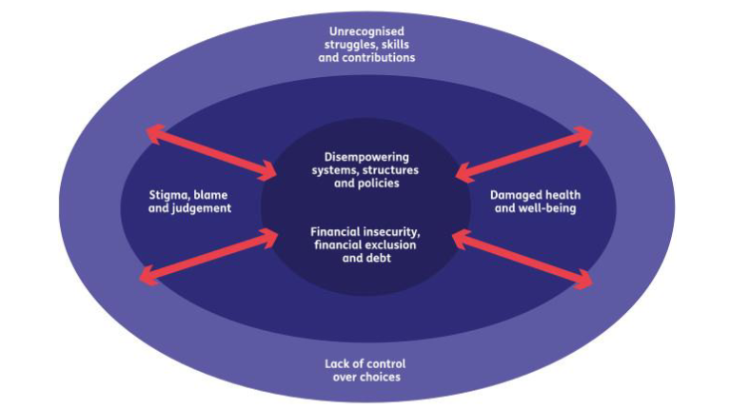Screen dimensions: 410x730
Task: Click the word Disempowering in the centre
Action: click(x=365, y=156)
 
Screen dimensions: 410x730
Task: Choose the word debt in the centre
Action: click(x=382, y=258)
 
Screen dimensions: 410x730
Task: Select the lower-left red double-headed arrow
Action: click(x=206, y=256)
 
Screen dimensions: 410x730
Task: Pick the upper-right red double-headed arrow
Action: click(x=524, y=152)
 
